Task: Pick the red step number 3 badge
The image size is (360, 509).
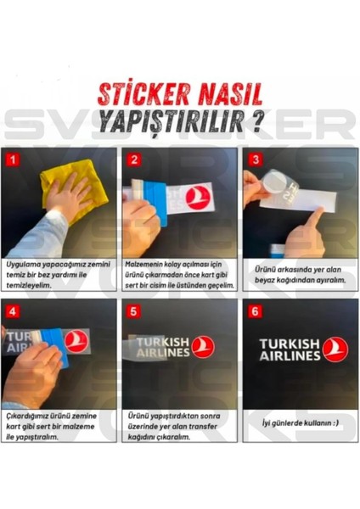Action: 252,159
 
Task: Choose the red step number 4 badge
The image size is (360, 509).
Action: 12,310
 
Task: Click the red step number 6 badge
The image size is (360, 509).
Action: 252,310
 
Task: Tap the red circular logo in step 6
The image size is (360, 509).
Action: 335,349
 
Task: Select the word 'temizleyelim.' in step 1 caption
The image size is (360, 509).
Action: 33,286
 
